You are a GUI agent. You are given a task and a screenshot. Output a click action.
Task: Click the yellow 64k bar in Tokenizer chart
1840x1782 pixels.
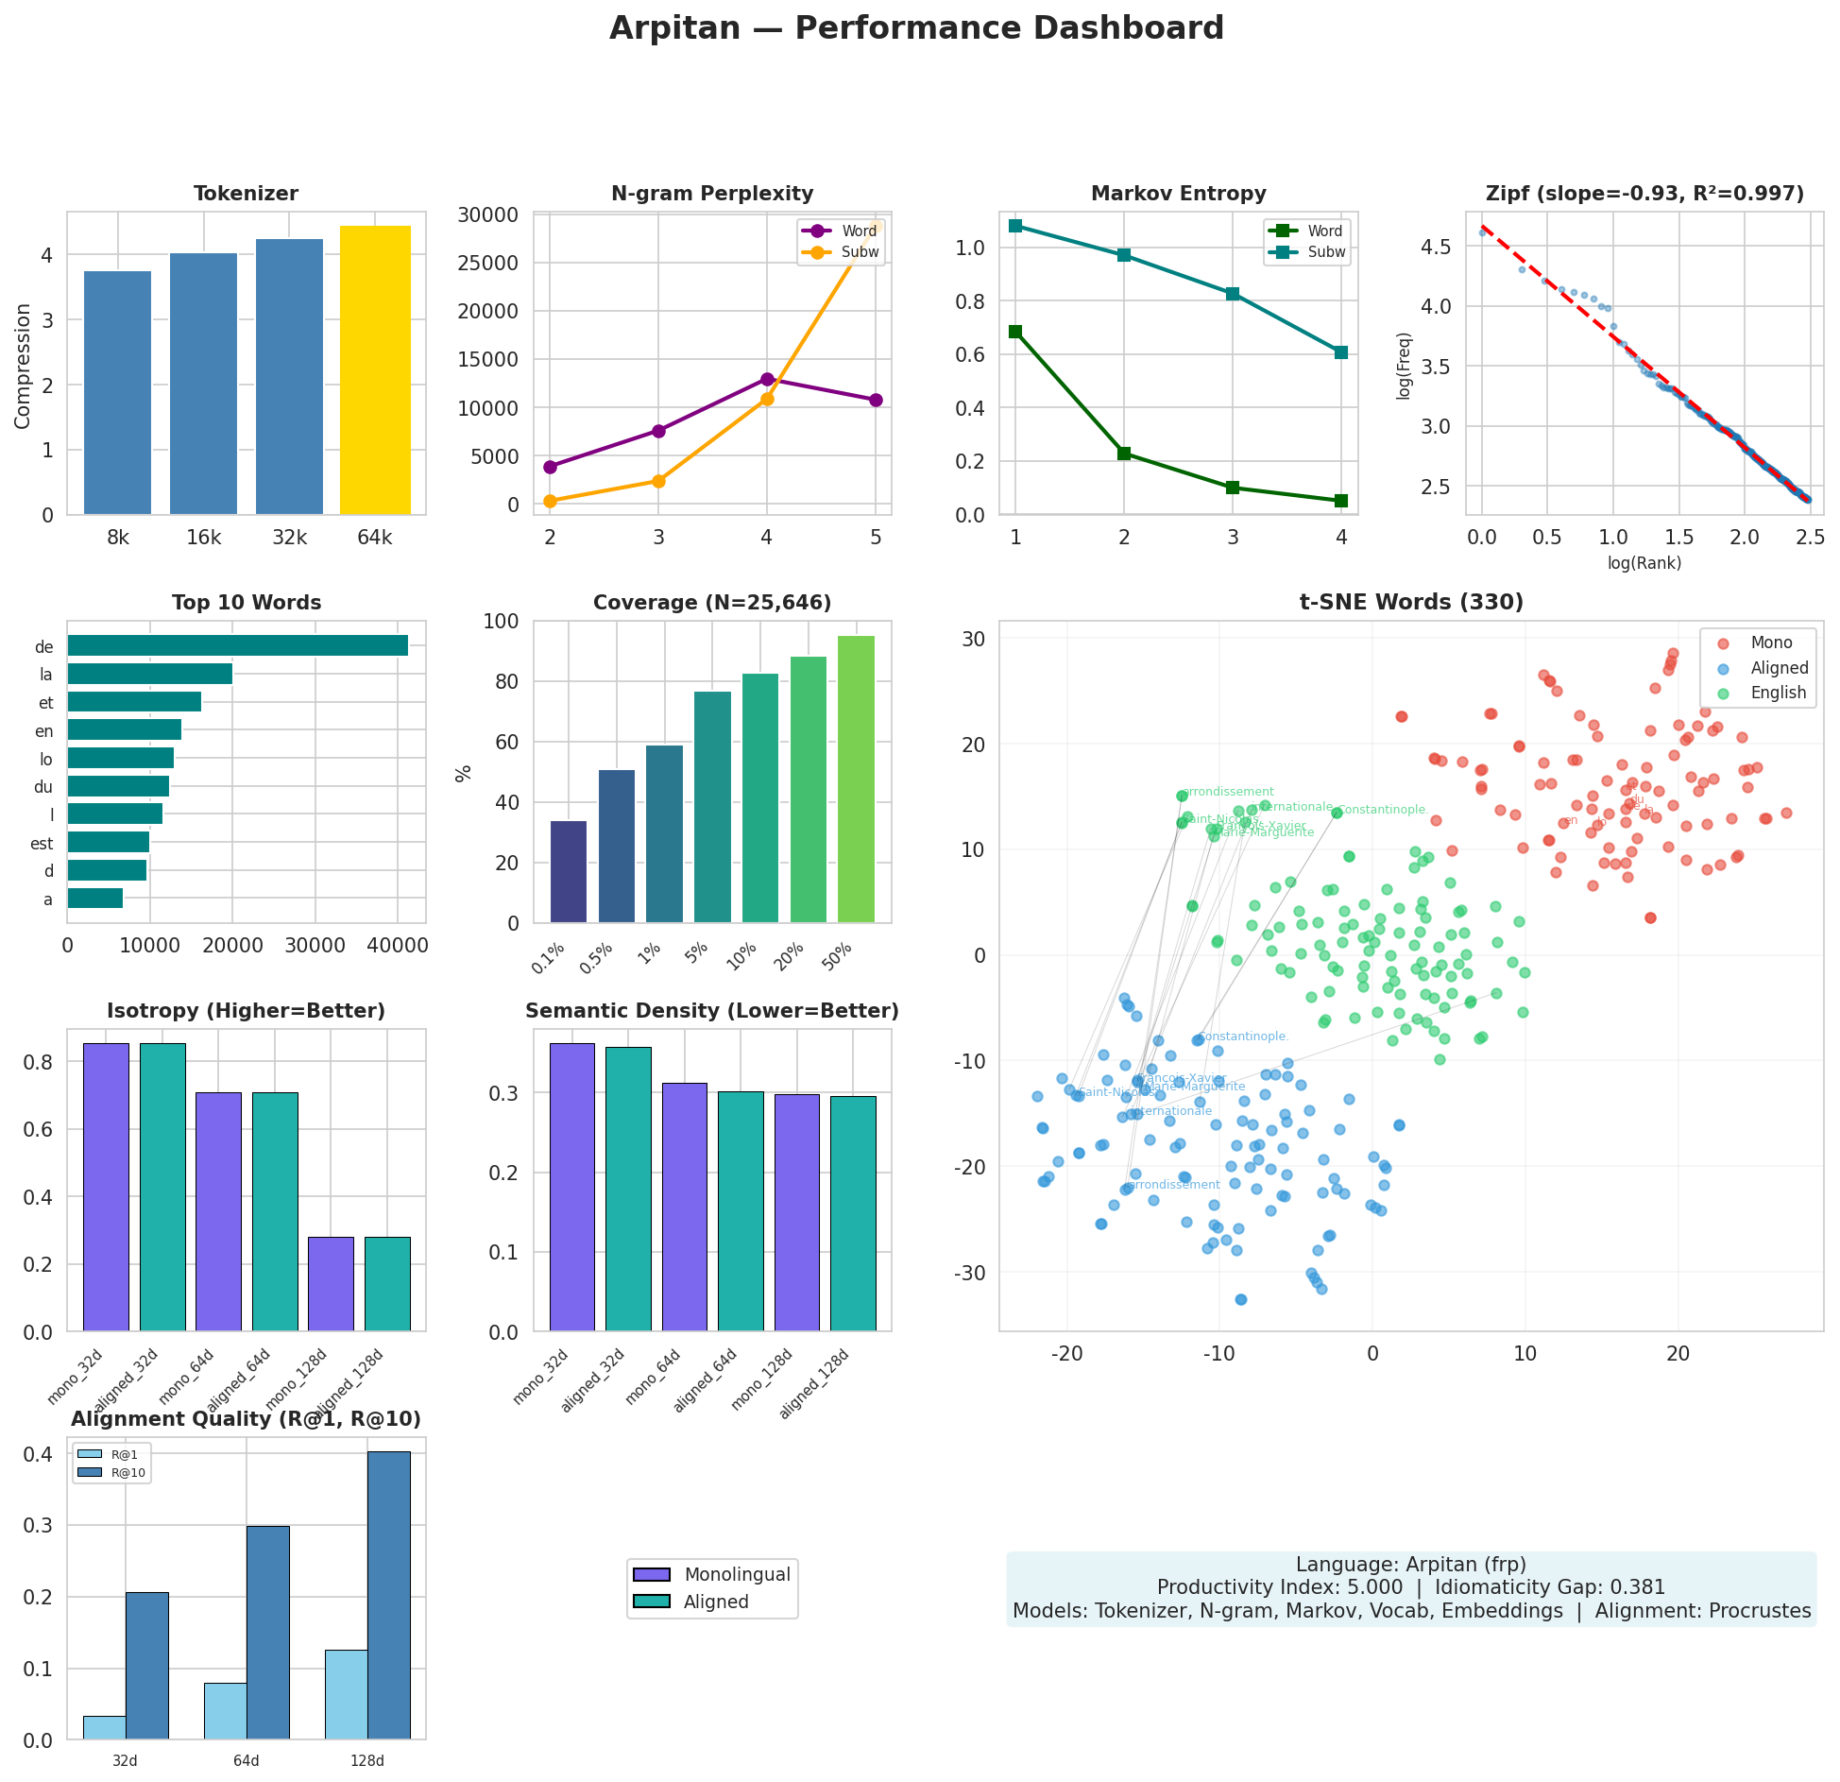coord(375,370)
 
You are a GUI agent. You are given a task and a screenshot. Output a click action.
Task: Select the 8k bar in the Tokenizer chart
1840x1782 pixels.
coord(117,393)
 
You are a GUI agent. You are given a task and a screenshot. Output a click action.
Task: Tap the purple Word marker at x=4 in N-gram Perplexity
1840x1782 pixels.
coord(767,379)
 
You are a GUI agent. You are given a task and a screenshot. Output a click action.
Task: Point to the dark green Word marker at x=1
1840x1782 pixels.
coord(1015,332)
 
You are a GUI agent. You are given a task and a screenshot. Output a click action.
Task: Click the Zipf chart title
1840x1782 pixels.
coord(1644,194)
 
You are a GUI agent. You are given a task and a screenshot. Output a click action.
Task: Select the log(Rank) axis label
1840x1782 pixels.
coord(1644,563)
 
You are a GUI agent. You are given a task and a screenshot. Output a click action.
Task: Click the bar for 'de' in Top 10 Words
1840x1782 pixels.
coord(237,646)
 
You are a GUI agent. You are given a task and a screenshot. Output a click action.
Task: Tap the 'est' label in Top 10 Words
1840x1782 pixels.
coord(42,844)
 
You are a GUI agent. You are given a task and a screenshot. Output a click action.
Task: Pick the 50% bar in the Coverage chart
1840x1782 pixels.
coord(856,779)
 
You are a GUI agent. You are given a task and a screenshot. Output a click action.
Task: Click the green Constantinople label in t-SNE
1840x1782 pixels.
coord(1382,810)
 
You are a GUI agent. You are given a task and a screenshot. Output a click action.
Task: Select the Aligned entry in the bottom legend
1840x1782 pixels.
coord(715,1602)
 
